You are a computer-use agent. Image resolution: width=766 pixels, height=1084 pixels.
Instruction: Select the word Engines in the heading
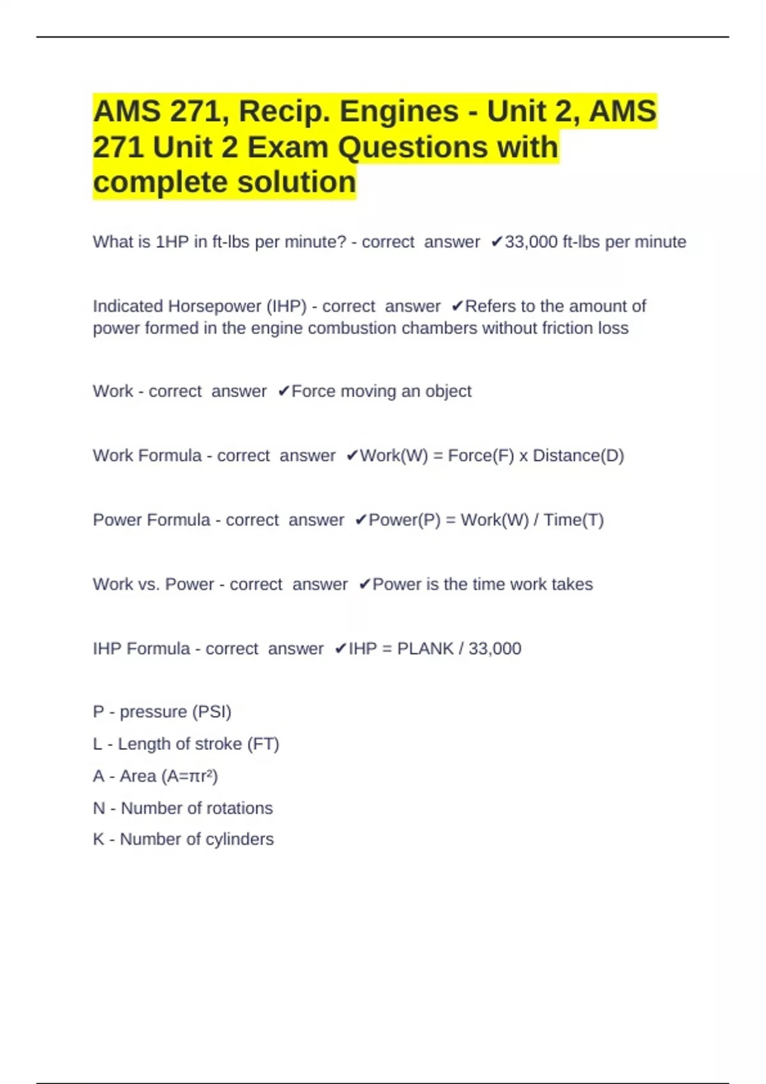(399, 112)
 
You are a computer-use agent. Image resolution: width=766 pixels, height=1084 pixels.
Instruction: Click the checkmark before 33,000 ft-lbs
(497, 242)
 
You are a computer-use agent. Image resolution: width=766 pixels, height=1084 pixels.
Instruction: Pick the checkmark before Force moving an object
(284, 392)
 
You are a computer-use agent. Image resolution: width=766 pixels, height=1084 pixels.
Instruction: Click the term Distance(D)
(578, 456)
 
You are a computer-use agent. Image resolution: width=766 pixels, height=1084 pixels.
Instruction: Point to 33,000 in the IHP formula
(495, 649)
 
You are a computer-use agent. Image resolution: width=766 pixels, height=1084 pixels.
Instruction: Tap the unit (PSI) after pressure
(211, 712)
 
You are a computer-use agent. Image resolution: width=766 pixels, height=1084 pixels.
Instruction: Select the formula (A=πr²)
(190, 777)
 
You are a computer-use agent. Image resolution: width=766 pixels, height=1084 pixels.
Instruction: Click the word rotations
(241, 809)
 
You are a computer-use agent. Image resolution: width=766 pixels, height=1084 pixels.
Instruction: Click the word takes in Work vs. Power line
(572, 585)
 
